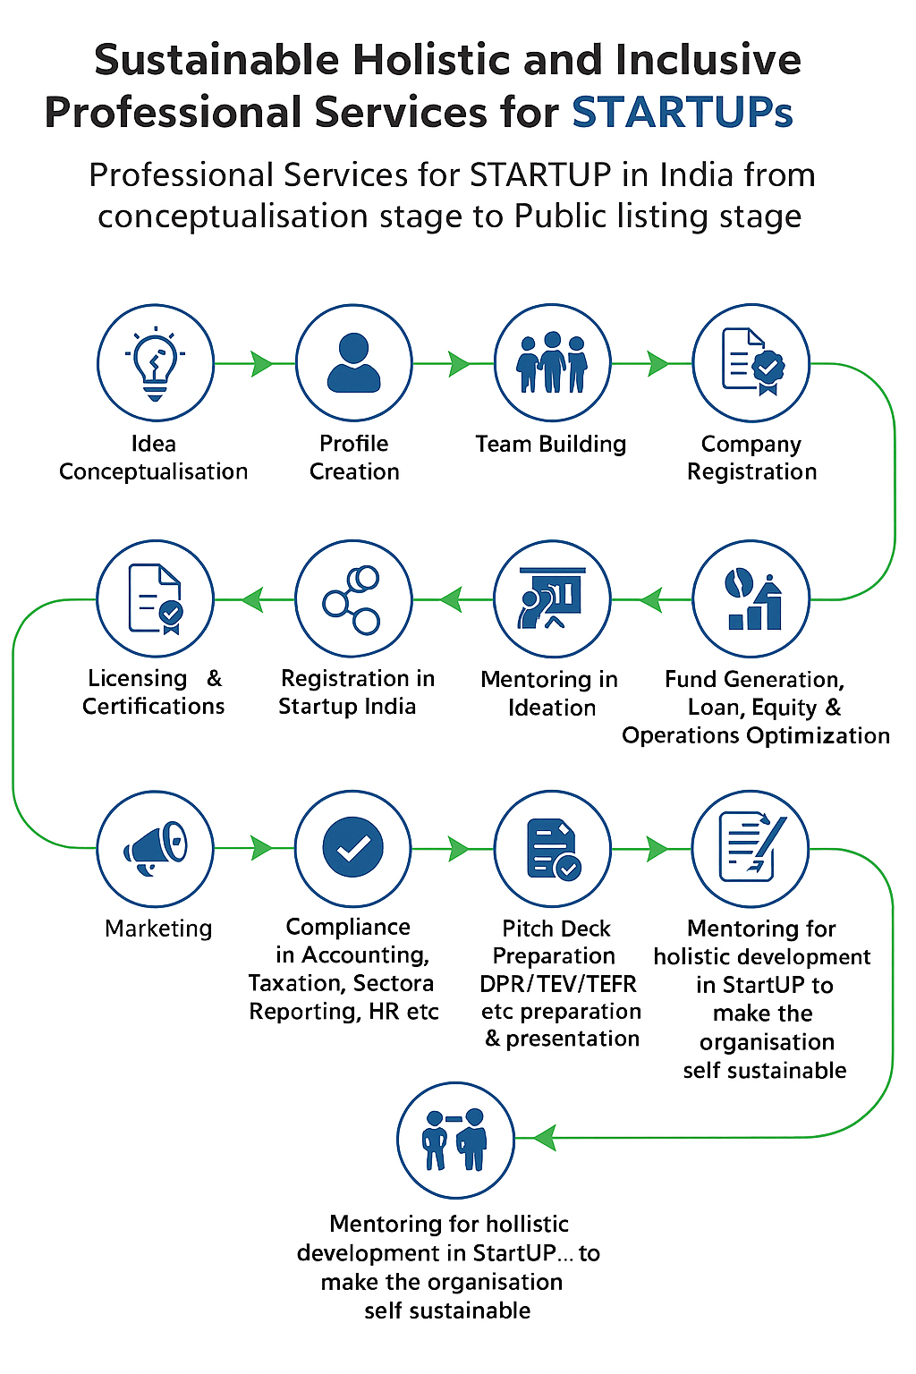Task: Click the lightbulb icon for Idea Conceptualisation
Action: tap(156, 362)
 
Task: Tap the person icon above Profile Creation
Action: tap(354, 362)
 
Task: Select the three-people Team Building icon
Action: tap(553, 362)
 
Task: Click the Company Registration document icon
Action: tap(751, 362)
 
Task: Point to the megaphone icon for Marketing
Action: tap(156, 847)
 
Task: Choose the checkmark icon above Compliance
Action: tap(353, 847)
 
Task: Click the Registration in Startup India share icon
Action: tap(353, 598)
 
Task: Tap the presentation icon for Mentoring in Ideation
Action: tap(553, 598)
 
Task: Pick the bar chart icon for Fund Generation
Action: tap(751, 598)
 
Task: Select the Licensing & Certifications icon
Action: tap(156, 598)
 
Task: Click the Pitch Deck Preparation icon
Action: tap(553, 847)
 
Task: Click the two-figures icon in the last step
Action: tap(455, 1140)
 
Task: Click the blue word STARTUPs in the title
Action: tap(682, 113)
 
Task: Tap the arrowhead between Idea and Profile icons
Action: tap(262, 363)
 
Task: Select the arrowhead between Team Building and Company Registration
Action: tap(657, 363)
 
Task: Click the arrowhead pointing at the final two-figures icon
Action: tap(545, 1138)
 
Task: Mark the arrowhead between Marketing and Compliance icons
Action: tap(262, 847)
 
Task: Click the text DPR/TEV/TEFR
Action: tap(558, 984)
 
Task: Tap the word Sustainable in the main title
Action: tap(216, 61)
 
